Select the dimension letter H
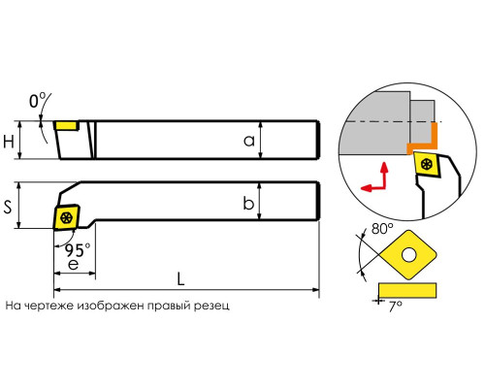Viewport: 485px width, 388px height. pyautogui.click(x=9, y=142)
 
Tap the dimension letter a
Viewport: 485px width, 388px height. pyautogui.click(x=249, y=142)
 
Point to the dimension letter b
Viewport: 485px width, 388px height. pyautogui.click(x=248, y=203)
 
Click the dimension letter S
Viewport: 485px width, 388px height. pyautogui.click(x=8, y=207)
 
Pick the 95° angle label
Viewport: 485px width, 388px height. pyautogui.click(x=78, y=250)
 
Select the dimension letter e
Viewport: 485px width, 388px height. pyautogui.click(x=74, y=265)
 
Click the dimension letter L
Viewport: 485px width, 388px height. pyautogui.click(x=180, y=278)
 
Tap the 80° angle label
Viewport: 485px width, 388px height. pyautogui.click(x=382, y=229)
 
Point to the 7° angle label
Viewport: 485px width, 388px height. pyautogui.click(x=395, y=306)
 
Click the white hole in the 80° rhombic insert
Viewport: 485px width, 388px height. pyautogui.click(x=409, y=255)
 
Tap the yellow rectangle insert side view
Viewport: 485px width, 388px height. pyautogui.click(x=407, y=290)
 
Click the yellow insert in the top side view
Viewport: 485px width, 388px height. pyautogui.click(x=67, y=125)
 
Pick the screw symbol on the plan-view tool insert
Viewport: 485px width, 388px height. pyautogui.click(x=67, y=217)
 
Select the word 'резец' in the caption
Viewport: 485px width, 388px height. pyautogui.click(x=211, y=306)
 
